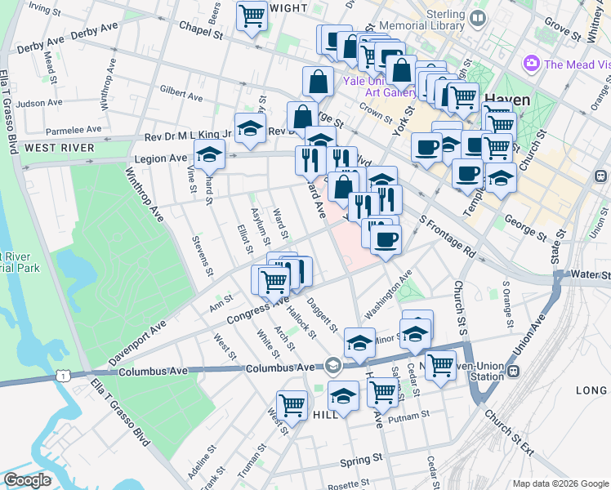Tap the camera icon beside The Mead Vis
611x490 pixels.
(x=532, y=63)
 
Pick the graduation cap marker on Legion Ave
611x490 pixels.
(x=210, y=153)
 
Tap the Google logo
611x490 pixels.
(x=27, y=479)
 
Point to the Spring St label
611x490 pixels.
(x=361, y=459)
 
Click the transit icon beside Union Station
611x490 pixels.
(x=514, y=372)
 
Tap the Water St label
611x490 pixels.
(x=590, y=274)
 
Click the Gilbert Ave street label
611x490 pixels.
(x=181, y=93)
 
